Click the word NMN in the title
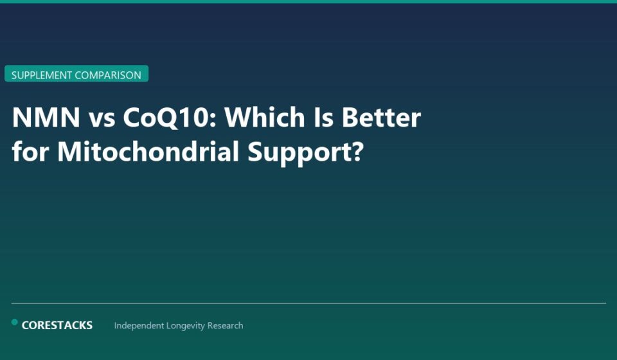46,118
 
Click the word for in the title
30,152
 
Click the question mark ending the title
357,152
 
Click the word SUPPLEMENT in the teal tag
42,75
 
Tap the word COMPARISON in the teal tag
108,75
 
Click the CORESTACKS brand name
57,325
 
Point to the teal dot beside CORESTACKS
15,322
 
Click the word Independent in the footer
139,326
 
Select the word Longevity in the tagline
186,326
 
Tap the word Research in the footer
225,326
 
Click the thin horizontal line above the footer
308,303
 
